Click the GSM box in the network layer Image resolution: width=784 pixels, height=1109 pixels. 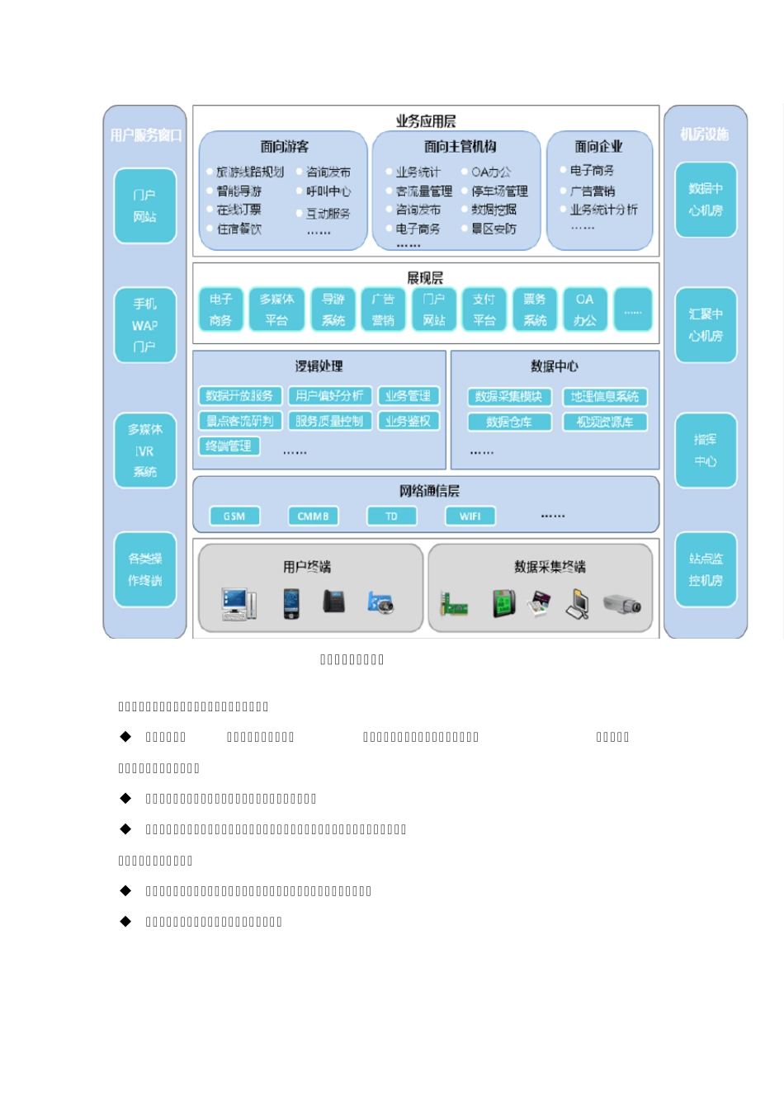pyautogui.click(x=234, y=517)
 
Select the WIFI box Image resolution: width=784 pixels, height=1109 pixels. pyautogui.click(x=470, y=517)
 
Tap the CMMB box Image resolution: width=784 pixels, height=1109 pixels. pyautogui.click(x=313, y=517)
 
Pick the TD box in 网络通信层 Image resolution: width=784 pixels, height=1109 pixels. pyautogui.click(x=391, y=517)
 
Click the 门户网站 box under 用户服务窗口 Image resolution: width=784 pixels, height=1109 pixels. pyautogui.click(x=145, y=206)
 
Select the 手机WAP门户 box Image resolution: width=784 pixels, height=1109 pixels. pyautogui.click(x=145, y=325)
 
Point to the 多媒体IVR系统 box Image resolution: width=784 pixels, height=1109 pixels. pyautogui.click(x=145, y=451)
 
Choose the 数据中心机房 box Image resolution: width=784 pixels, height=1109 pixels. pyautogui.click(x=706, y=200)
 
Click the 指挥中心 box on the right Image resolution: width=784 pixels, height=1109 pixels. pyautogui.click(x=706, y=451)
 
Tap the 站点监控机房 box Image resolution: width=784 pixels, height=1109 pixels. pyautogui.click(x=706, y=569)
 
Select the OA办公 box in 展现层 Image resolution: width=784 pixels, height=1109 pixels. pyautogui.click(x=585, y=309)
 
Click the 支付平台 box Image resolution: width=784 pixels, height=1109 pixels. pyautogui.click(x=484, y=309)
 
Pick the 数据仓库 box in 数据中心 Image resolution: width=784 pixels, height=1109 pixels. pyautogui.click(x=508, y=422)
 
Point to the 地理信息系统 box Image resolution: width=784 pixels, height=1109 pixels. pyautogui.click(x=605, y=397)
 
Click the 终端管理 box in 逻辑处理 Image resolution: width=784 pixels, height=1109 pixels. pyautogui.click(x=229, y=446)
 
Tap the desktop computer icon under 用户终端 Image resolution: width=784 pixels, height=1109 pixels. pyautogui.click(x=239, y=603)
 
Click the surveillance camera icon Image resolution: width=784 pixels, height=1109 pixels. pyautogui.click(x=622, y=604)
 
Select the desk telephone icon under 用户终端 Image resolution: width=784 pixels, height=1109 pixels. pyautogui.click(x=333, y=602)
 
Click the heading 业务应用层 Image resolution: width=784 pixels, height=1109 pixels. pyautogui.click(x=426, y=121)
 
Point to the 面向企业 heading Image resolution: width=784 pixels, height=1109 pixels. pyautogui.click(x=599, y=147)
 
